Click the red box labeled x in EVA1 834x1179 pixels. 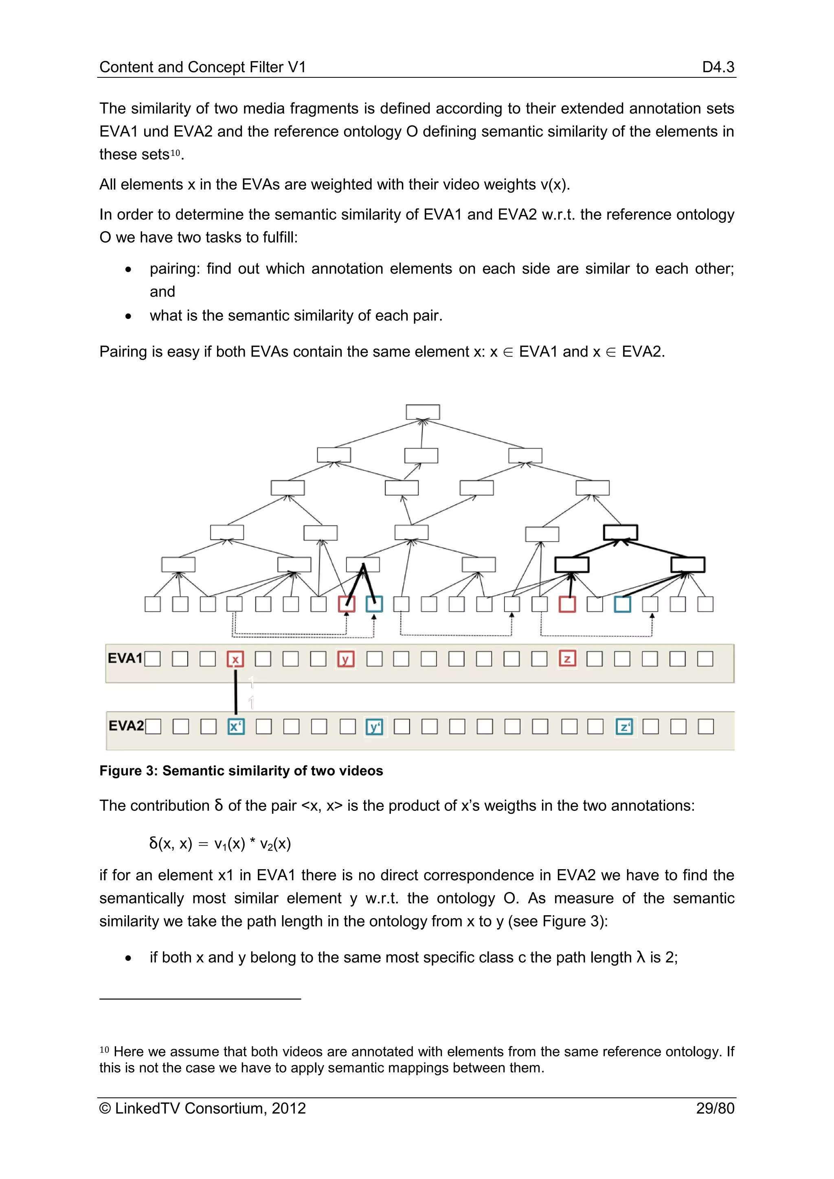[x=235, y=659]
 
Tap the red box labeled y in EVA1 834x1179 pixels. [x=346, y=659]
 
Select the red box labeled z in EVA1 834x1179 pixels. [x=567, y=658]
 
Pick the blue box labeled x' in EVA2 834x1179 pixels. [x=236, y=727]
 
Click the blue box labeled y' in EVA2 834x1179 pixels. [x=374, y=727]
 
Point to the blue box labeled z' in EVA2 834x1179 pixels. [x=624, y=727]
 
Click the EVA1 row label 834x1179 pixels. [x=125, y=658]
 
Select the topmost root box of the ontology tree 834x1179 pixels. [x=423, y=412]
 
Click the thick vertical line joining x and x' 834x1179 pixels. [x=236, y=692]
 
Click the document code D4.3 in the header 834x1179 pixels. [x=718, y=67]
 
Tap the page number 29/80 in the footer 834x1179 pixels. [x=715, y=1108]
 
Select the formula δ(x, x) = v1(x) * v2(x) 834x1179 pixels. [x=220, y=843]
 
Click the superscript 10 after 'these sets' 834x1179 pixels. [x=176, y=153]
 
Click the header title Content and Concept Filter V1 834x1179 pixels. [x=202, y=67]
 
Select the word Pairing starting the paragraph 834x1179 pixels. [x=123, y=352]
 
